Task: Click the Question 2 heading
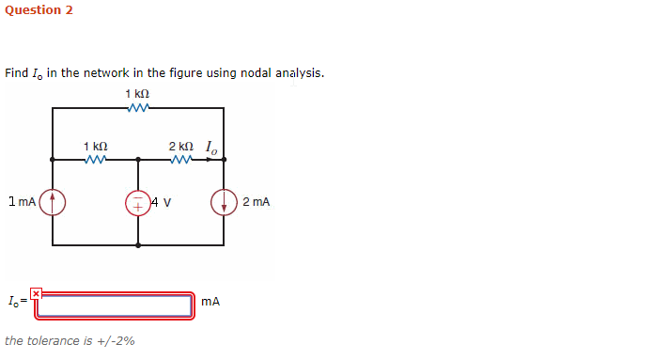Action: point(39,10)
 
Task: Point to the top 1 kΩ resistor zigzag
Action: point(138,108)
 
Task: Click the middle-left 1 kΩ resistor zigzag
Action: point(96,159)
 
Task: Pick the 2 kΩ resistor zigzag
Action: point(182,159)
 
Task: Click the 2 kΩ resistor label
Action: point(181,147)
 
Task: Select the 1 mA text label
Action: point(21,201)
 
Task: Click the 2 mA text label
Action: point(256,201)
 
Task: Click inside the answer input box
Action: point(115,305)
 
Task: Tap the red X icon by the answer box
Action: point(36,293)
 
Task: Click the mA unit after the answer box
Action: point(210,302)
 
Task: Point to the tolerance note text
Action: point(70,340)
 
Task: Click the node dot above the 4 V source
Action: point(138,159)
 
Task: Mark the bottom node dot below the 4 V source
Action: point(138,244)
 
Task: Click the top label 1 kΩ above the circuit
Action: point(137,95)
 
